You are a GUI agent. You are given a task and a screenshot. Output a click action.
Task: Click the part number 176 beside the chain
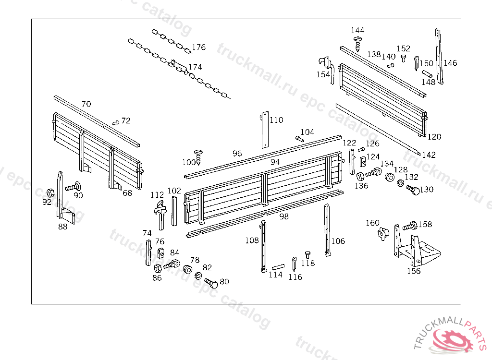[x=198, y=47]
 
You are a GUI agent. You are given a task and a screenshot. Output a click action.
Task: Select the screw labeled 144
[x=358, y=43]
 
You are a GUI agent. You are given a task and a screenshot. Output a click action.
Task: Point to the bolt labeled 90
[x=71, y=187]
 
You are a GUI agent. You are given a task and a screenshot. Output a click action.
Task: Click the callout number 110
[x=276, y=120]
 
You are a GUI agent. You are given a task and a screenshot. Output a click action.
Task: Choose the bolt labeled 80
[x=211, y=283]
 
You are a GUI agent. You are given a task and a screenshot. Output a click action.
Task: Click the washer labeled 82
[x=198, y=276]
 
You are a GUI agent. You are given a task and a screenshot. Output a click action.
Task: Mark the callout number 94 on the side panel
[x=275, y=162]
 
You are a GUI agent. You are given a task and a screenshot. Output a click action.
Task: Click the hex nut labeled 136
[x=360, y=176]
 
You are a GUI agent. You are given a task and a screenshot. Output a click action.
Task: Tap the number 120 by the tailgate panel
[x=434, y=137]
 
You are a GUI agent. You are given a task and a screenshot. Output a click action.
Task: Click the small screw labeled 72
[x=115, y=123]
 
